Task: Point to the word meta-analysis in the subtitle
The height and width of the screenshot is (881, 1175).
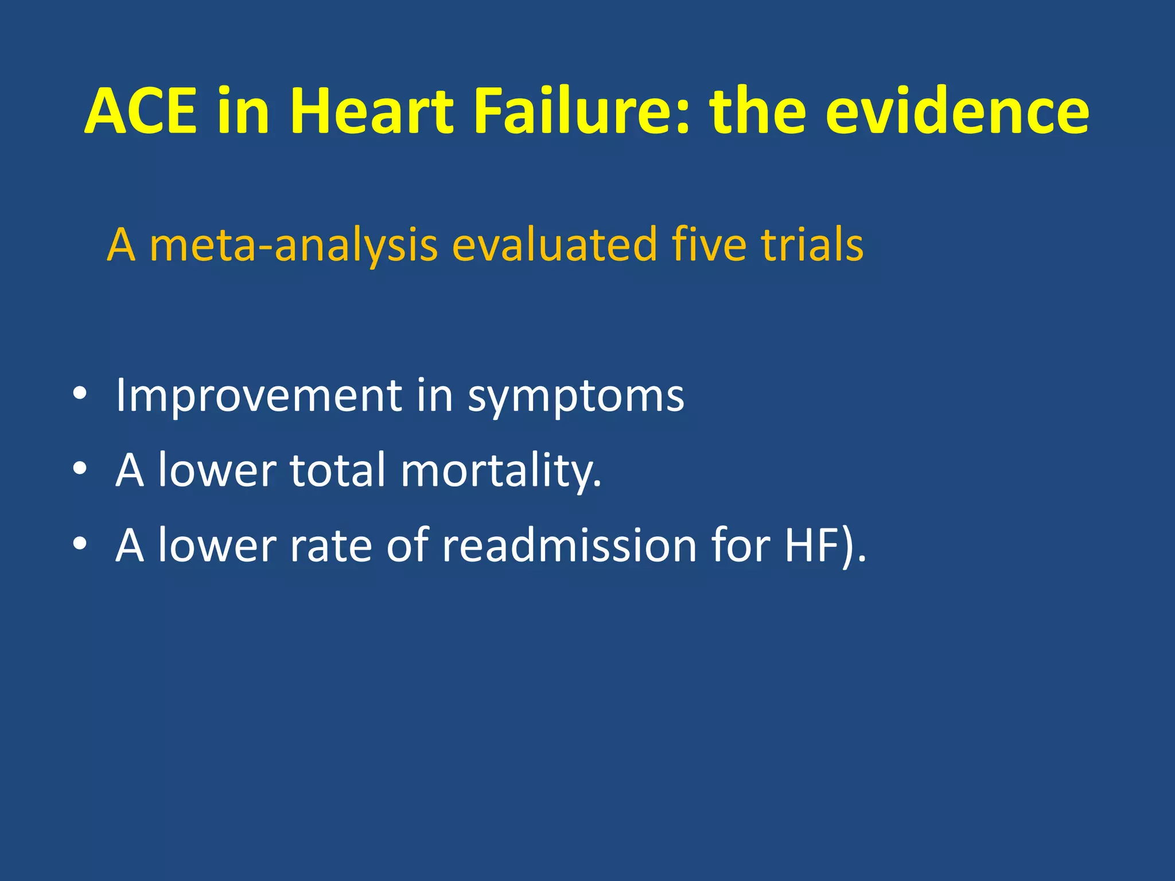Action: coord(293,245)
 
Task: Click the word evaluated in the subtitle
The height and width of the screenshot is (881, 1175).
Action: coord(554,245)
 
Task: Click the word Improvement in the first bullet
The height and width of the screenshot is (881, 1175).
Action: coord(259,396)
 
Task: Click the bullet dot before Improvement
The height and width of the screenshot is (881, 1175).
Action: coord(80,394)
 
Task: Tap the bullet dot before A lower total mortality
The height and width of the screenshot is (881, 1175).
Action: coord(80,469)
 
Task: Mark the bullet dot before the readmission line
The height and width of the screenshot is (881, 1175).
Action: coord(80,544)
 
